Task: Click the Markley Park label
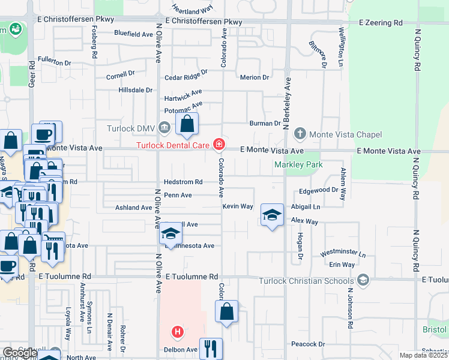[x=298, y=164]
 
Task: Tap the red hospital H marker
[x=177, y=331]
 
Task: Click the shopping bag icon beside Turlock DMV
[x=187, y=125]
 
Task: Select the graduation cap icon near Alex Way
[x=272, y=215]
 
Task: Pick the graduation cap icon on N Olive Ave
[x=170, y=234]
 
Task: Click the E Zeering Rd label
[x=381, y=22]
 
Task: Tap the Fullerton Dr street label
[x=54, y=62]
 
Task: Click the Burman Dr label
[x=265, y=124]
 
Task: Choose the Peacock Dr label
[x=307, y=344]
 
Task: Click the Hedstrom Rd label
[x=183, y=182]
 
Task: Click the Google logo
[x=20, y=353]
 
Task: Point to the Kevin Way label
[x=238, y=206]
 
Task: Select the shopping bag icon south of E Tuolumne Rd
[x=226, y=312]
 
